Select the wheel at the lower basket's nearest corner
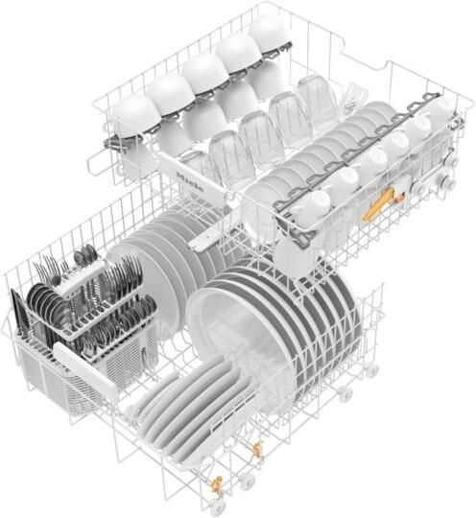(x=218, y=506)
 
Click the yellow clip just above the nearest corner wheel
(x=217, y=482)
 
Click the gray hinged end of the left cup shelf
(x=117, y=145)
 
